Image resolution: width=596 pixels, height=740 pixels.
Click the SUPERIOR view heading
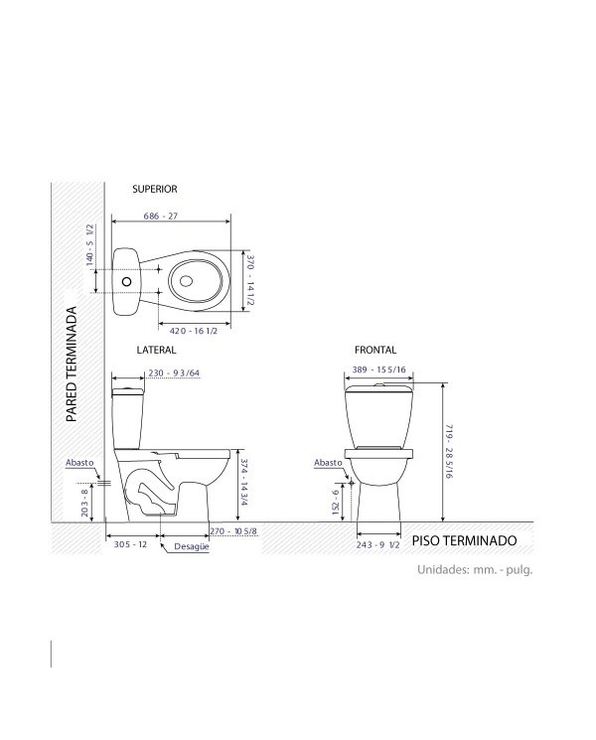[x=154, y=189]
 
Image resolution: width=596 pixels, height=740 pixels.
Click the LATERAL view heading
[x=156, y=350]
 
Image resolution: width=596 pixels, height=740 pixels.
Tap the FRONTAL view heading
[x=375, y=350]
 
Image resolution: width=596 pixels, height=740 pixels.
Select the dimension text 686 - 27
[x=161, y=216]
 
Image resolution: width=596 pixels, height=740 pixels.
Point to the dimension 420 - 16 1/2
[x=194, y=331]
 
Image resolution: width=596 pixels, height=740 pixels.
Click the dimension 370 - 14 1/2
[x=250, y=280]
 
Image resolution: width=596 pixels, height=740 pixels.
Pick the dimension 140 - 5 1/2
[x=89, y=245]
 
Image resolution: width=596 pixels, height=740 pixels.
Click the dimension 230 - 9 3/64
[x=174, y=372]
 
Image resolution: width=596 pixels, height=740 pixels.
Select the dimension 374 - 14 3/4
[x=244, y=482]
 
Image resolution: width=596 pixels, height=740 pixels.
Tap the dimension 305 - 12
[x=130, y=544]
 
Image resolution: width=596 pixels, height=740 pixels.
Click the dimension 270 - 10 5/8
[x=233, y=531]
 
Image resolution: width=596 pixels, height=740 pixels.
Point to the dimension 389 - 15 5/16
[x=378, y=370]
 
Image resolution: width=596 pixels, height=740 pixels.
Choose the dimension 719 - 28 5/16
[x=448, y=452]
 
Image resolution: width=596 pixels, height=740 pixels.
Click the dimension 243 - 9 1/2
[x=378, y=544]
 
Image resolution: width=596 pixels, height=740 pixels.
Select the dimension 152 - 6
[x=336, y=502]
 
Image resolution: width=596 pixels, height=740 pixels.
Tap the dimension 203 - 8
[x=85, y=503]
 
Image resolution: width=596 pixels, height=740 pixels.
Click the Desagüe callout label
[x=191, y=546]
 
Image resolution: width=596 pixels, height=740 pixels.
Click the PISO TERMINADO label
[x=464, y=540]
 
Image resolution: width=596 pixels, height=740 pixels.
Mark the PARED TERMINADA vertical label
[x=72, y=365]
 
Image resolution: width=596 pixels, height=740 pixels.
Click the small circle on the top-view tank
[x=126, y=282]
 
